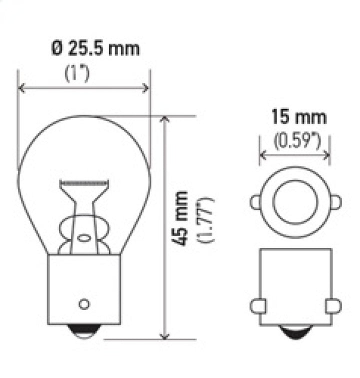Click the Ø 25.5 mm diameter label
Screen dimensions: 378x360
tap(95, 49)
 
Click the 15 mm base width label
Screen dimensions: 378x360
tap(299, 117)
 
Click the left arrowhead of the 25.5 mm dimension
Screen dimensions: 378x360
tap(21, 88)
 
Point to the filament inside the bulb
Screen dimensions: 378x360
tap(83, 183)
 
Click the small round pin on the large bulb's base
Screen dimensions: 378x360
tap(84, 303)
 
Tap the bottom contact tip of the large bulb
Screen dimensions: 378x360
tap(83, 329)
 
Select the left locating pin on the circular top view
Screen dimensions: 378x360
tap(255, 202)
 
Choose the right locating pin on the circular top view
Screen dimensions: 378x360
tap(336, 202)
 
